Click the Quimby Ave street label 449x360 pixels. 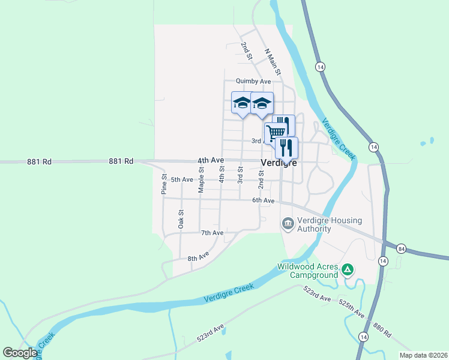[253, 81]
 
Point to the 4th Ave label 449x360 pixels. [211, 161]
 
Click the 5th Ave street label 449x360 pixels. [182, 179]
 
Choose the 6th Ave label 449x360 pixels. [263, 200]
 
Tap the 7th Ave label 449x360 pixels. [212, 233]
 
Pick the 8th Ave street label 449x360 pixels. [198, 258]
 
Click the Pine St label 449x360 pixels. [164, 184]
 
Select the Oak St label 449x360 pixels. [181, 219]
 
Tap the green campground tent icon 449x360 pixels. [347, 271]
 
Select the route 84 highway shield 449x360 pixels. [402, 248]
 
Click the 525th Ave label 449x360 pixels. [351, 309]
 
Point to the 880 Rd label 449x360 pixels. [382, 331]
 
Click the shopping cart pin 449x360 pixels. [275, 132]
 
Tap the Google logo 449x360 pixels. [20, 353]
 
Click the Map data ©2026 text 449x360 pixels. [423, 355]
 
